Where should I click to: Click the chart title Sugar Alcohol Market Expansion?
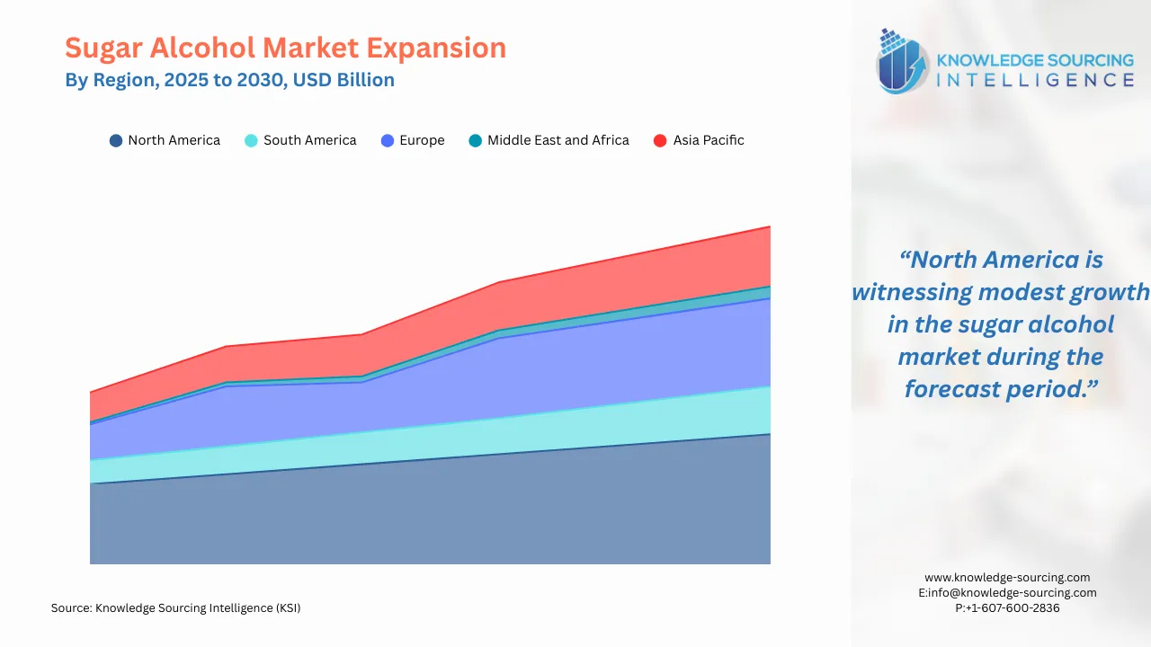[285, 48]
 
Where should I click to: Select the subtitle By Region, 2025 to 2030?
[229, 80]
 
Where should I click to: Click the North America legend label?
[174, 140]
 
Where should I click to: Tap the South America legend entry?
[309, 140]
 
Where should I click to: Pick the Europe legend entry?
[422, 140]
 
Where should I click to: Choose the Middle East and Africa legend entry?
[558, 140]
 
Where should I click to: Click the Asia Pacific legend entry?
[709, 140]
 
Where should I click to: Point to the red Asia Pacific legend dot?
[660, 140]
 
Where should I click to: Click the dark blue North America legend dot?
[116, 140]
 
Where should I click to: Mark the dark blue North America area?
[432, 512]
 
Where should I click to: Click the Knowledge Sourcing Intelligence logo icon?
[903, 62]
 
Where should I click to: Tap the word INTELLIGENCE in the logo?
[1035, 80]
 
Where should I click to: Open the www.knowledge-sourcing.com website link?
[1007, 578]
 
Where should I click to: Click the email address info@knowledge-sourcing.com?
[1013, 593]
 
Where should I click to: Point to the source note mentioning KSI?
[176, 608]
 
